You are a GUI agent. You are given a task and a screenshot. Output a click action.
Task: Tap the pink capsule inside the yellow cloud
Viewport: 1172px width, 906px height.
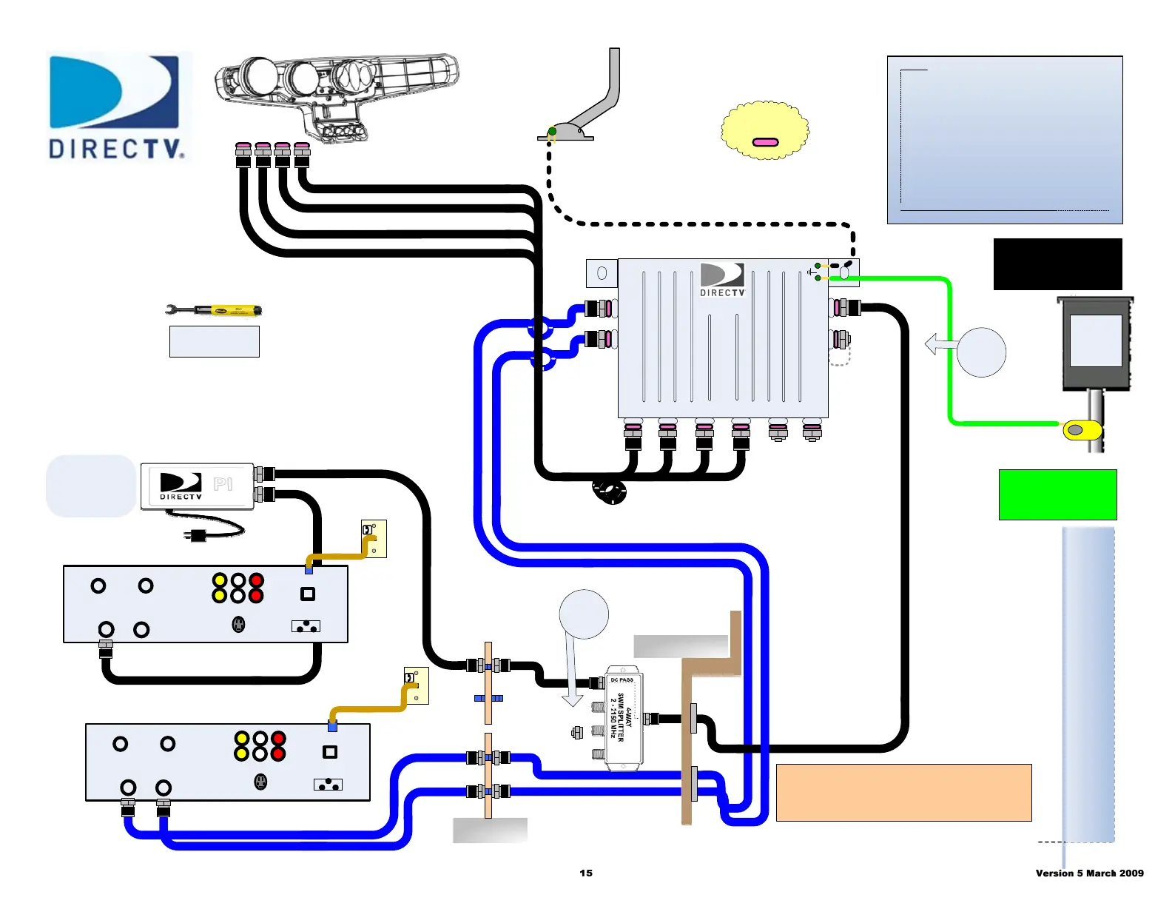[x=765, y=142]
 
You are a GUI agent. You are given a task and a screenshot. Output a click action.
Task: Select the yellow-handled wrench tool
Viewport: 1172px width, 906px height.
[x=215, y=310]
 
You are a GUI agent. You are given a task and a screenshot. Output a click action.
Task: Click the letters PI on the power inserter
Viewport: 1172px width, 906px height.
[x=223, y=484]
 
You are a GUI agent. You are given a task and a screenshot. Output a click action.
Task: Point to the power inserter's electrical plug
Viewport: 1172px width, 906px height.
[x=198, y=535]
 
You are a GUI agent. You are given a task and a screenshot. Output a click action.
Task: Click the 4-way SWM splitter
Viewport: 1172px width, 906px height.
[x=623, y=719]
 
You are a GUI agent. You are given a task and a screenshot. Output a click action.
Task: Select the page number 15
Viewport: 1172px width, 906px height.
[x=586, y=873]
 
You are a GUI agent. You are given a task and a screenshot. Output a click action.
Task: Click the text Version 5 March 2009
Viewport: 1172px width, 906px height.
[x=1089, y=873]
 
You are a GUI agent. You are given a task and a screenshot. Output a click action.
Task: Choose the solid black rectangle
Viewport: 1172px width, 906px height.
[x=1057, y=264]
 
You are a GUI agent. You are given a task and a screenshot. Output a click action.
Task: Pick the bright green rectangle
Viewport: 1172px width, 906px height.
[x=1057, y=494]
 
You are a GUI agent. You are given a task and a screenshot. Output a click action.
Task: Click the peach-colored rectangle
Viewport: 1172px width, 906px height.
[x=903, y=793]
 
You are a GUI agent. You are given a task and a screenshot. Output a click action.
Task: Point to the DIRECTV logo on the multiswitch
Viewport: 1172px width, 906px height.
[x=722, y=279]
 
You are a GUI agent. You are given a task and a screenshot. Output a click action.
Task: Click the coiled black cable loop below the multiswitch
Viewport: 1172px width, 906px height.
[x=610, y=491]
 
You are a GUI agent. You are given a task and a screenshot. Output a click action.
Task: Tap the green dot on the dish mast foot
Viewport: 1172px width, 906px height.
[x=552, y=132]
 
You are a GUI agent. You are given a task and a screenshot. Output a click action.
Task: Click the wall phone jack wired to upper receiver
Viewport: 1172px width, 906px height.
[x=374, y=538]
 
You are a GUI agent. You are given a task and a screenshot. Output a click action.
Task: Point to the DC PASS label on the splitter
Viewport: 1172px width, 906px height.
[x=622, y=679]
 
